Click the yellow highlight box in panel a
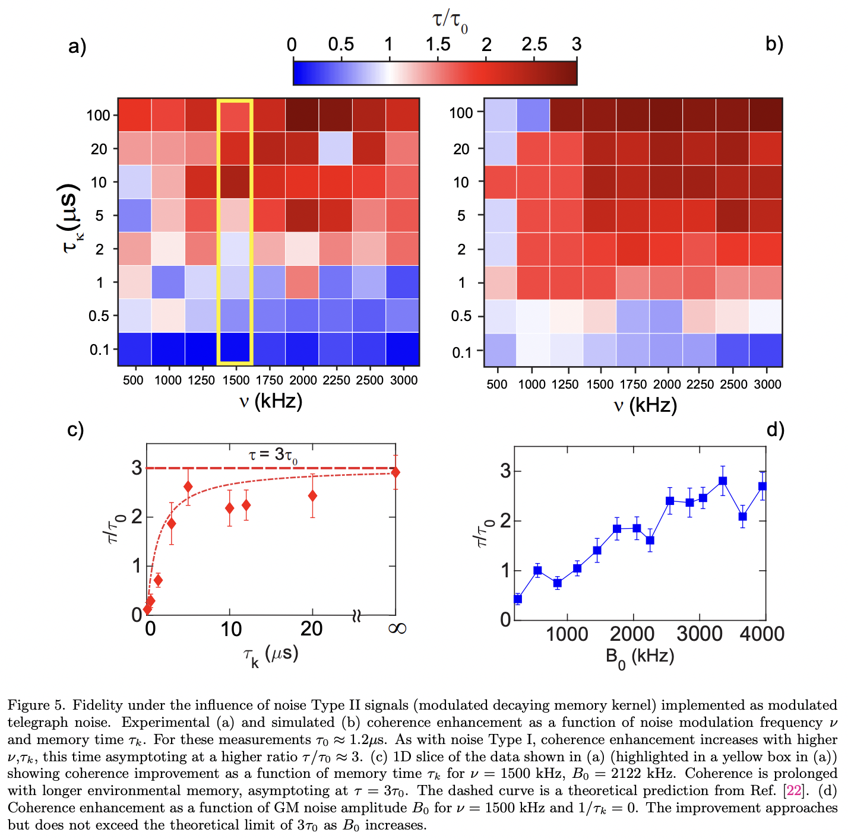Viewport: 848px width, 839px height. coord(235,231)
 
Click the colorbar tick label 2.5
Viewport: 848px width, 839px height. coord(534,44)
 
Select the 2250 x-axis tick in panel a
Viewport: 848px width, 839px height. coord(336,380)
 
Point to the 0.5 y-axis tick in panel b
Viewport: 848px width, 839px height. coord(461,316)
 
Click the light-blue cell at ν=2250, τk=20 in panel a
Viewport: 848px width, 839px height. coord(336,148)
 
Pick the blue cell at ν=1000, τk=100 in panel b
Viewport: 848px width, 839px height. coord(533,115)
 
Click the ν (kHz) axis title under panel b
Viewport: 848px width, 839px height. coord(645,405)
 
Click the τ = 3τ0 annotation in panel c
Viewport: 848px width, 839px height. coord(273,455)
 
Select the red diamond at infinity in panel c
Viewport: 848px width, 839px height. coord(395,472)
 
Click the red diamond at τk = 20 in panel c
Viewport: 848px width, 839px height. coord(312,495)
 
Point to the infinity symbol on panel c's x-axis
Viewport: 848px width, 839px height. coord(397,628)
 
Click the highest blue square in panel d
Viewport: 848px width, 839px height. coord(723,481)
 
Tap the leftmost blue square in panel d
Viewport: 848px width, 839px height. coord(518,599)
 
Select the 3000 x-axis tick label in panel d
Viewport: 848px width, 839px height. coord(699,634)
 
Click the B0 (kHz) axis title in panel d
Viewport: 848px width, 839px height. coord(640,657)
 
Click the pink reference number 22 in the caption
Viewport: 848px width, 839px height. coord(793,791)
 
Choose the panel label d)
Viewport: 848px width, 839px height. coord(775,429)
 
